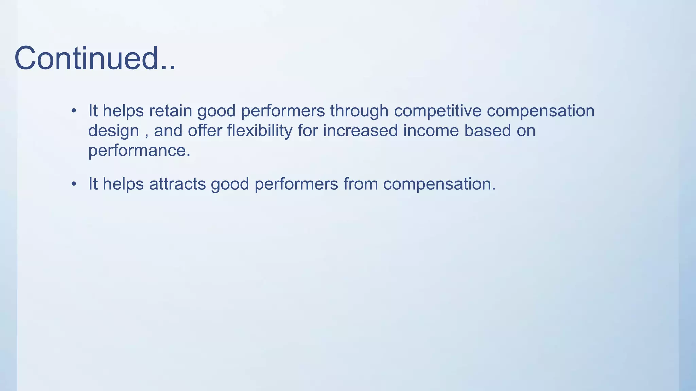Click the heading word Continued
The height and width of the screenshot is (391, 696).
(95, 58)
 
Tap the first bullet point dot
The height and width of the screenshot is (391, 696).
(74, 111)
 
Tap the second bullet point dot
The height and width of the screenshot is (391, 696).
(74, 184)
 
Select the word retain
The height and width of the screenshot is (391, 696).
(171, 111)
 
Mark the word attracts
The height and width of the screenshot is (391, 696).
(177, 184)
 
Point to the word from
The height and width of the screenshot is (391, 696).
(361, 184)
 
